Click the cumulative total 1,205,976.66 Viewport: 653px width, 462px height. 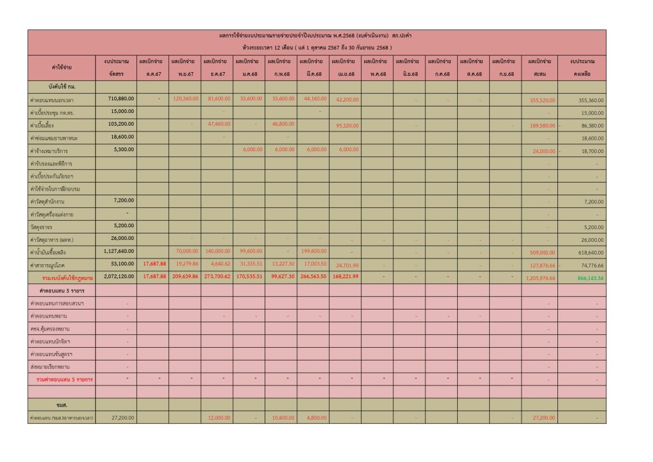pos(539,278)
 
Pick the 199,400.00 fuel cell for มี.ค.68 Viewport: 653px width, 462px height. pos(312,252)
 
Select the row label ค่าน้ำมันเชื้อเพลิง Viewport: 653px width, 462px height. pos(51,252)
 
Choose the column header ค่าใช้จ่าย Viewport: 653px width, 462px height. pos(62,67)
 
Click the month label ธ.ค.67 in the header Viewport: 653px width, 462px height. pos(216,74)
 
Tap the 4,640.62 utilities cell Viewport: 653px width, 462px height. pos(216,264)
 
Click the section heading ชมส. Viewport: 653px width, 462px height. pos(62,405)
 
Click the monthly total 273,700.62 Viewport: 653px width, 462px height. pos(216,278)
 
